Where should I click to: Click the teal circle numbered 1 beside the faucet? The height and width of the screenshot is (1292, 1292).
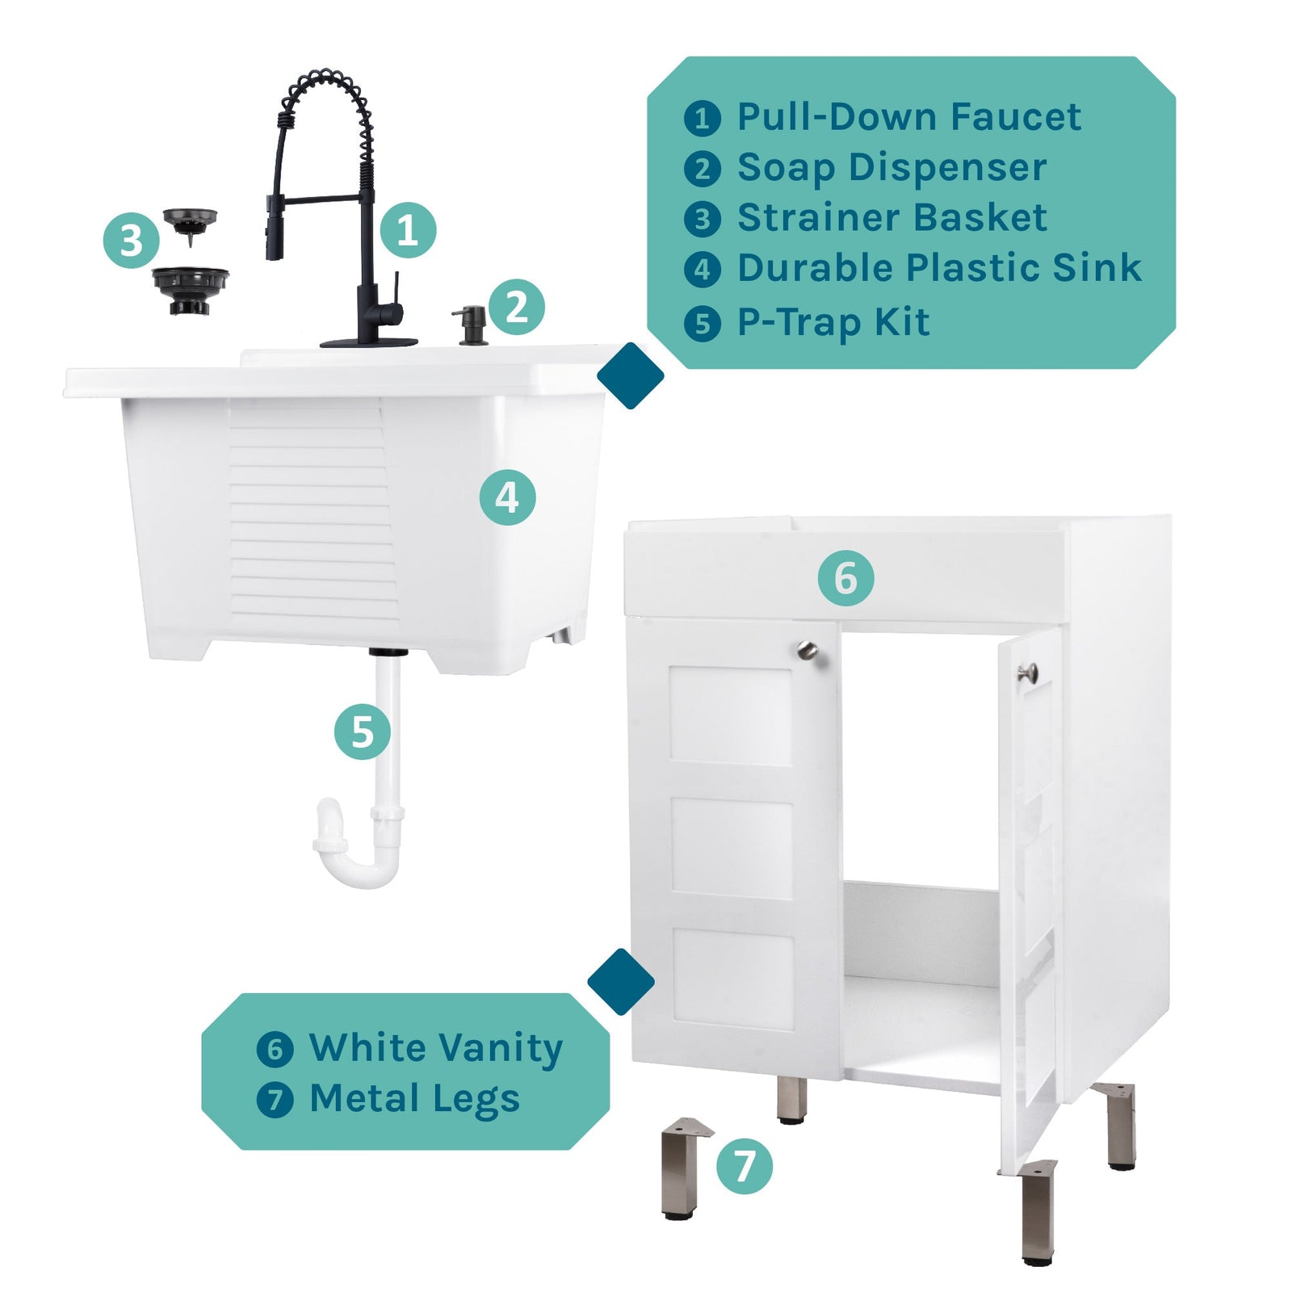408,230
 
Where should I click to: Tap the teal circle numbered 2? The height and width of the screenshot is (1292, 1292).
517,307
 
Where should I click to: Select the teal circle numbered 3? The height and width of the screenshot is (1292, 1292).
131,241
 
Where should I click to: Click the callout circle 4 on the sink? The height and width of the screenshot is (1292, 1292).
507,497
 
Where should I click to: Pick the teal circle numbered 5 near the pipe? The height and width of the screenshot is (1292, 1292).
363,732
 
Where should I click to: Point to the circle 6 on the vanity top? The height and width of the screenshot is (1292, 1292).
845,578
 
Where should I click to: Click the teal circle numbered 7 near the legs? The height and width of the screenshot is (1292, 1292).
744,1166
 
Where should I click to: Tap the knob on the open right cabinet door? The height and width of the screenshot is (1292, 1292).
1027,672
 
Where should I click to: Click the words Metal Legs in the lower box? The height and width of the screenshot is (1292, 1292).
414,1098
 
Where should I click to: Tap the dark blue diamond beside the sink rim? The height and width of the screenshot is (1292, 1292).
631,375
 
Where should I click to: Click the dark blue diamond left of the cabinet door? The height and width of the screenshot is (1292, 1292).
621,982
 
